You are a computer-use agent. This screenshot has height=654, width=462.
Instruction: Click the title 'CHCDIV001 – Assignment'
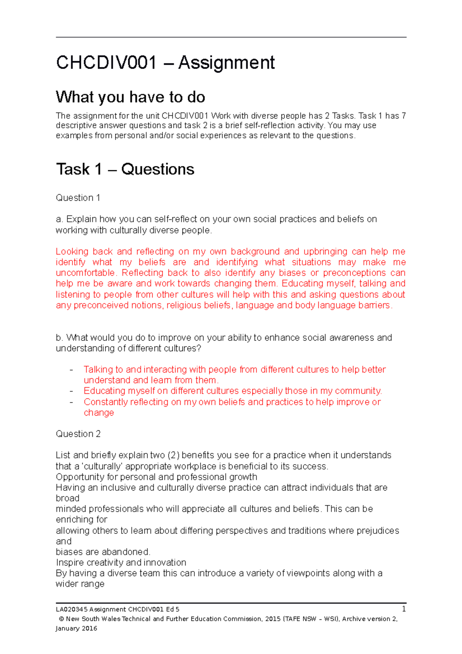(165, 62)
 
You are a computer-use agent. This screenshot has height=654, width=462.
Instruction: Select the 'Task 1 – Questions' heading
(125, 169)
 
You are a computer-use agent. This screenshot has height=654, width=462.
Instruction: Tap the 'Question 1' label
(78, 198)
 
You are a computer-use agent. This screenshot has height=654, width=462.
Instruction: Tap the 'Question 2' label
(78, 434)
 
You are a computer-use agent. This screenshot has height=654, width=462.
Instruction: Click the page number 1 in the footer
(404, 609)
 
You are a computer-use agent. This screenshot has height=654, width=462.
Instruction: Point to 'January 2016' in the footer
(76, 628)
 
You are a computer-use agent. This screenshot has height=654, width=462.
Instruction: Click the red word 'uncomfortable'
(85, 273)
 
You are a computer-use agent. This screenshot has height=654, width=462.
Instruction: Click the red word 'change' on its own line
(99, 413)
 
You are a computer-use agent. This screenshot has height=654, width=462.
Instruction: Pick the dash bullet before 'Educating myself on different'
(71, 391)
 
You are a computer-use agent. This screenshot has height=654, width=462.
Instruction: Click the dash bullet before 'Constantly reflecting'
(71, 402)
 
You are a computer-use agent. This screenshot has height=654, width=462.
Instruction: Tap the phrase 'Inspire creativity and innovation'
(121, 562)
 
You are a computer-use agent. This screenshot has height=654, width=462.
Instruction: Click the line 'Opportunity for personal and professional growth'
(156, 477)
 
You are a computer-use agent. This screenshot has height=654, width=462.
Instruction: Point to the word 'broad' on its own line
(67, 498)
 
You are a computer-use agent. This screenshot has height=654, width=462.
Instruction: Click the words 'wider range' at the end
(80, 584)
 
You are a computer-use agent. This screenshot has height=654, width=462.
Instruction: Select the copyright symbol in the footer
(61, 619)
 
